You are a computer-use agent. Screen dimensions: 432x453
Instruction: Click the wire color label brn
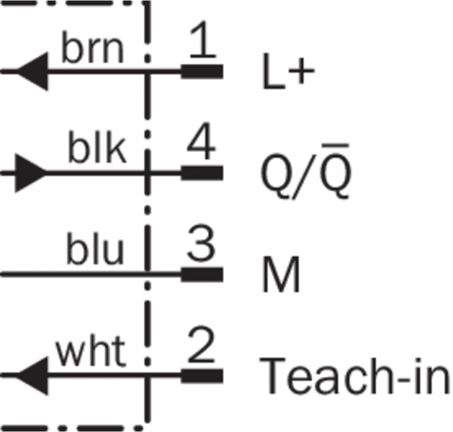[92, 50]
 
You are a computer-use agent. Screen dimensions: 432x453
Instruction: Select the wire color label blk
[97, 149]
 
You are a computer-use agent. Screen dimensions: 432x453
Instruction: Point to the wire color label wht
[90, 353]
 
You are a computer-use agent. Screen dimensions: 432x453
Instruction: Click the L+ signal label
[283, 75]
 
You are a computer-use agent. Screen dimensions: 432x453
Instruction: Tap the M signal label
[280, 277]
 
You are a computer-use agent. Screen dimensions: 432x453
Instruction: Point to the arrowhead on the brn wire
[31, 71]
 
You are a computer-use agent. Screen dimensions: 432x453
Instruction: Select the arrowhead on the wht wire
[31, 375]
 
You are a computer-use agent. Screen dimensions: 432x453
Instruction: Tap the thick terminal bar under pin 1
[202, 71]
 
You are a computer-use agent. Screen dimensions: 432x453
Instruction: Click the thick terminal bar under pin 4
[202, 173]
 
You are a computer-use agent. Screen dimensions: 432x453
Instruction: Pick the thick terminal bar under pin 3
[202, 274]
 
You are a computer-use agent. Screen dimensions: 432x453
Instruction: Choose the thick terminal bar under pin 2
[202, 375]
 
